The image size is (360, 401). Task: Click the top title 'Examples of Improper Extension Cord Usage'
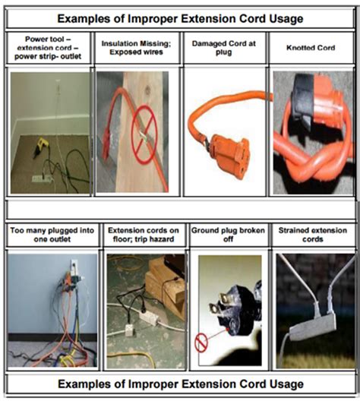[180, 16]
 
